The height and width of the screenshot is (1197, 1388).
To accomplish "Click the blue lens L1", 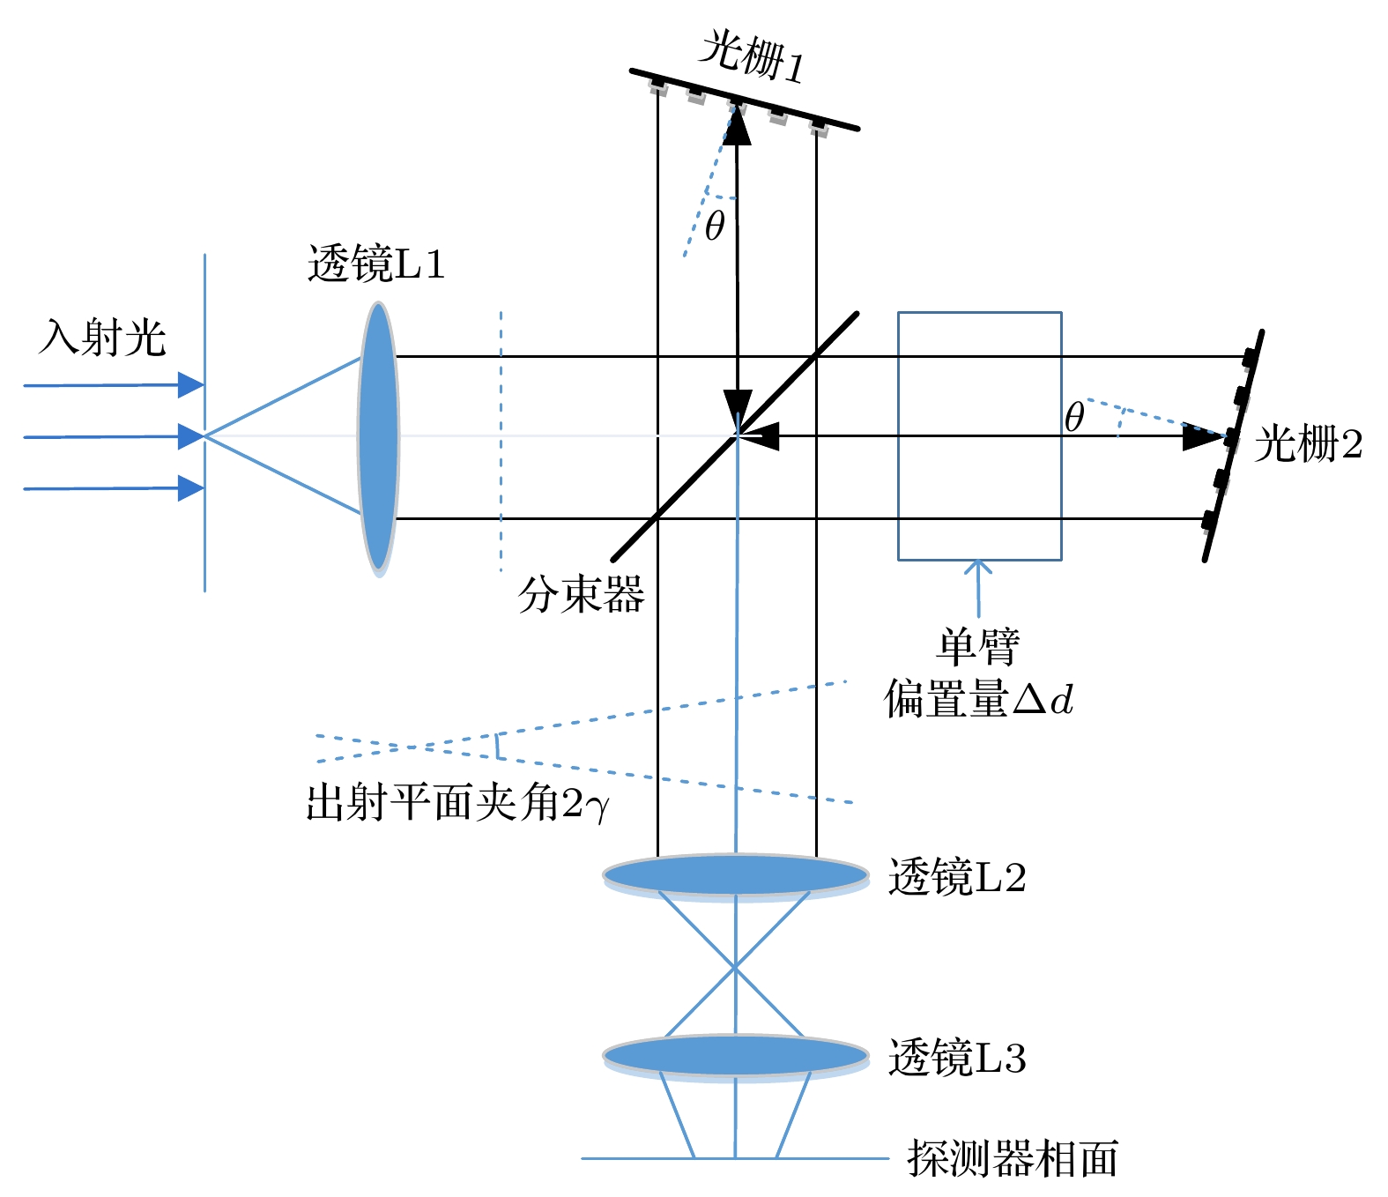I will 378,437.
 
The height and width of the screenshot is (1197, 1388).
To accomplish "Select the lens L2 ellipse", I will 736,875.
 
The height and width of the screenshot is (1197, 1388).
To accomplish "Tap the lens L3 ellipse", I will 736,1055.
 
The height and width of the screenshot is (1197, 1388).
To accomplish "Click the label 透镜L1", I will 376,264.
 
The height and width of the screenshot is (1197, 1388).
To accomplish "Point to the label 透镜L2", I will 957,878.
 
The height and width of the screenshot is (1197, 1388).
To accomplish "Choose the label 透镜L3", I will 957,1058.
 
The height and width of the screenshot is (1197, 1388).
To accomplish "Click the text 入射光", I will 102,338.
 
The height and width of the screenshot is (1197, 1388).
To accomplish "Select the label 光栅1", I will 751,57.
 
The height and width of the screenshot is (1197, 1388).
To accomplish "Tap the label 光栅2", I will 1308,443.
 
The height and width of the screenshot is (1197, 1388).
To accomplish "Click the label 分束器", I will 581,595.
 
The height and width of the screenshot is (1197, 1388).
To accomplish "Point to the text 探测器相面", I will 1013,1158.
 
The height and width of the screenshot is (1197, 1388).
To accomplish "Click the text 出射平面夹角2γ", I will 457,803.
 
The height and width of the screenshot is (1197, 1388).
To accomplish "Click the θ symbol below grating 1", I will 715,226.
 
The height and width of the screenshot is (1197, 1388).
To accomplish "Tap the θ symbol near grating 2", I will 1073,417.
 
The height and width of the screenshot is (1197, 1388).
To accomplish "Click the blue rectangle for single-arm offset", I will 979,436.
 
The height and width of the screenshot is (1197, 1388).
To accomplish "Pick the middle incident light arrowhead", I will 190,436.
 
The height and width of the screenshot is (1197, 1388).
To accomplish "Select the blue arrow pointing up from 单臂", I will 977,586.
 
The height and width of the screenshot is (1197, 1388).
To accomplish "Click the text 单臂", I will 977,649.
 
